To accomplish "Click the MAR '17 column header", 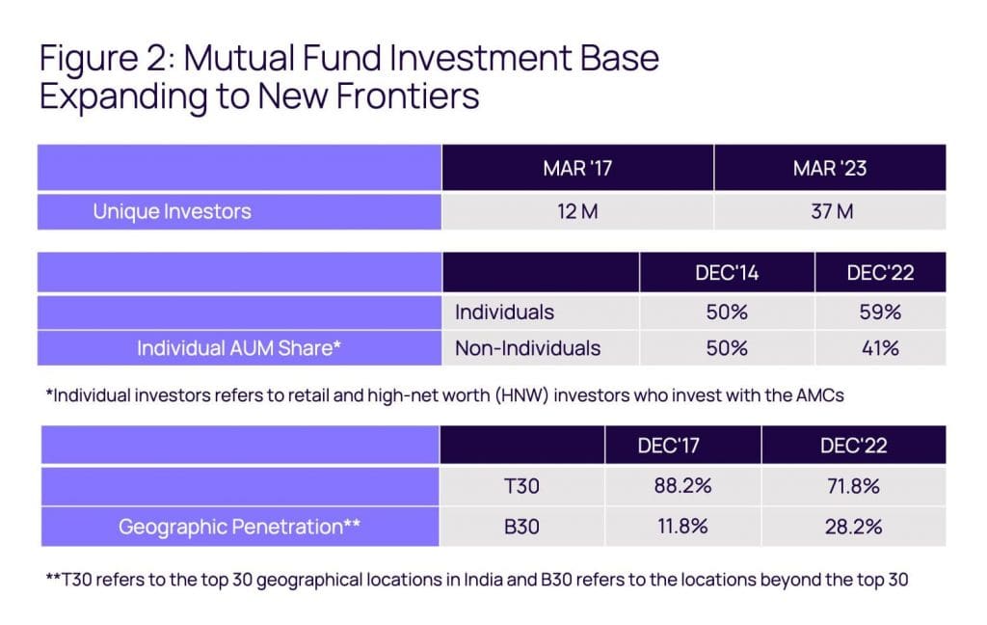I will (x=577, y=169).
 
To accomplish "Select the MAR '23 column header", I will (x=830, y=169).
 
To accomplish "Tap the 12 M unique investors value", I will (x=577, y=212).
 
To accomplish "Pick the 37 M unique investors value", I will (x=830, y=212).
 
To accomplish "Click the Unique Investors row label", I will (x=172, y=212).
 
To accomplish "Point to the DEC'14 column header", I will (x=727, y=273).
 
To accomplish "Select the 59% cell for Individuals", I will (x=879, y=312).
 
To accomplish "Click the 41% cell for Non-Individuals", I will (x=879, y=348).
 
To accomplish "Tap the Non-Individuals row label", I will (x=527, y=348).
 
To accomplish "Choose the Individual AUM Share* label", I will (x=240, y=348).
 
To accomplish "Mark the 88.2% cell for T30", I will (x=681, y=486).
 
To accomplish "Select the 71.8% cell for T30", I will (x=852, y=486).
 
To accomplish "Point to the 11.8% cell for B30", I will (x=681, y=528).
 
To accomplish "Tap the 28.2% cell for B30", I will (x=852, y=528).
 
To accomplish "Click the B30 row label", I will (x=521, y=528).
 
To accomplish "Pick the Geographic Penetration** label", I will (x=240, y=528).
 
